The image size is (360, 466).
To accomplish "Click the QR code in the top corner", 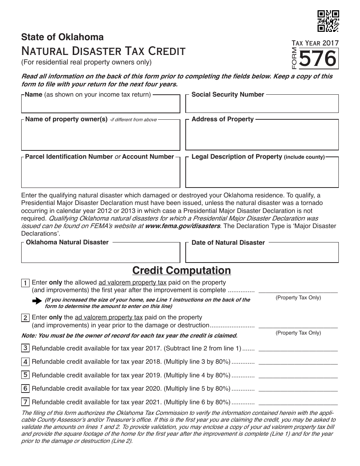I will (x=328, y=20).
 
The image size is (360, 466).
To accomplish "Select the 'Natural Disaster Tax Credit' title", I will (x=103, y=51).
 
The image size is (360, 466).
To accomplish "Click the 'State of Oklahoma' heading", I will (x=63, y=37).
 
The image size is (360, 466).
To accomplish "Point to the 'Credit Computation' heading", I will (x=181, y=271).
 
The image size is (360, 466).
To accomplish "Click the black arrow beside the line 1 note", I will (x=37, y=301).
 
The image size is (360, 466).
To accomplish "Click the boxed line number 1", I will (x=25, y=283).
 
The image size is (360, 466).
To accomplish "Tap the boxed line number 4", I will (x=25, y=361).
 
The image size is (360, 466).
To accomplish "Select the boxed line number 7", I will (x=25, y=402).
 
